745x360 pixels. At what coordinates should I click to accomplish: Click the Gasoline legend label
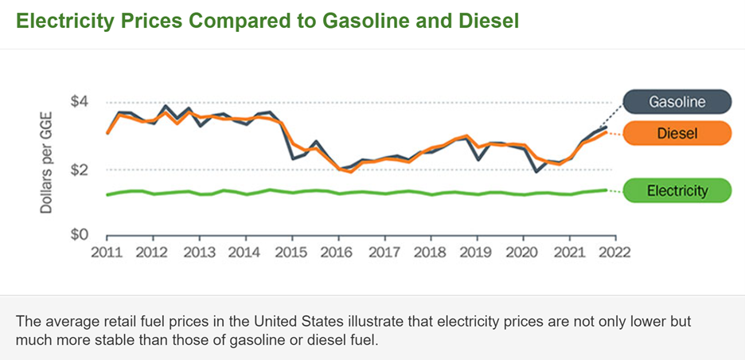pyautogui.click(x=677, y=102)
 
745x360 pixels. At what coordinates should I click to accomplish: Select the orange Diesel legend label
pyautogui.click(x=677, y=134)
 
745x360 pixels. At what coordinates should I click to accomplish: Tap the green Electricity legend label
pyautogui.click(x=677, y=190)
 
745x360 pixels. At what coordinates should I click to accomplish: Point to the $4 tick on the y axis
pyautogui.click(x=79, y=102)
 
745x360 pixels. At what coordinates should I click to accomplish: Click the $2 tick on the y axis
pyautogui.click(x=79, y=170)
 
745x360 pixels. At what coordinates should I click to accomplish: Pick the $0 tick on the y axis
pyautogui.click(x=79, y=235)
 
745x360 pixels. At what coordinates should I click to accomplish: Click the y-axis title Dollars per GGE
pyautogui.click(x=47, y=168)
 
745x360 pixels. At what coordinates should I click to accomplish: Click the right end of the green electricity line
pyautogui.click(x=607, y=190)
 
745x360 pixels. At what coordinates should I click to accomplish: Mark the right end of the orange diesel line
pyautogui.click(x=607, y=132)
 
